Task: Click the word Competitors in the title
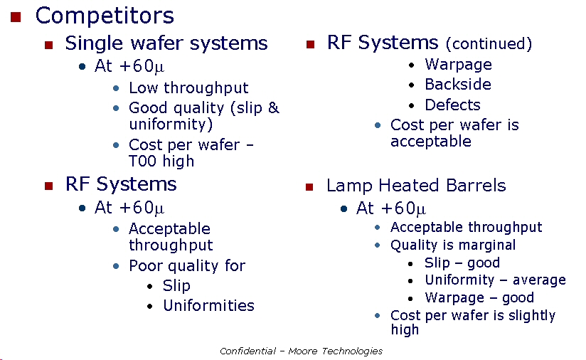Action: pos(105,16)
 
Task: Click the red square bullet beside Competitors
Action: pos(16,17)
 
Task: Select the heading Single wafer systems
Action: pos(166,43)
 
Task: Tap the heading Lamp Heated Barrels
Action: pos(416,186)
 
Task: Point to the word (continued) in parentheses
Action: pos(489,43)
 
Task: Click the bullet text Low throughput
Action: pos(188,88)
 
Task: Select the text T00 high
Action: pos(161,161)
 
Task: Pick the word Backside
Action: pos(458,84)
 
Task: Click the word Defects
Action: pos(452,105)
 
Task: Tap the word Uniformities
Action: pos(208,305)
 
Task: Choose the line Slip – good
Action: pos(462,263)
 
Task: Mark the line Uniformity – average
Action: pos(495,280)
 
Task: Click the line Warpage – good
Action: pos(479,297)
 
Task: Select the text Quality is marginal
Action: pos(453,245)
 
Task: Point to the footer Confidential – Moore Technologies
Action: pos(302,351)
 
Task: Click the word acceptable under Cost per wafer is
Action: pos(431,142)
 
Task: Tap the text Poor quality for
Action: pos(187,266)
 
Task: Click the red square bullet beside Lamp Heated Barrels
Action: pos(309,186)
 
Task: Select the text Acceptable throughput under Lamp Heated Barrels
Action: pos(467,227)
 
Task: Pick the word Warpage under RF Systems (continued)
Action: pos(458,65)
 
